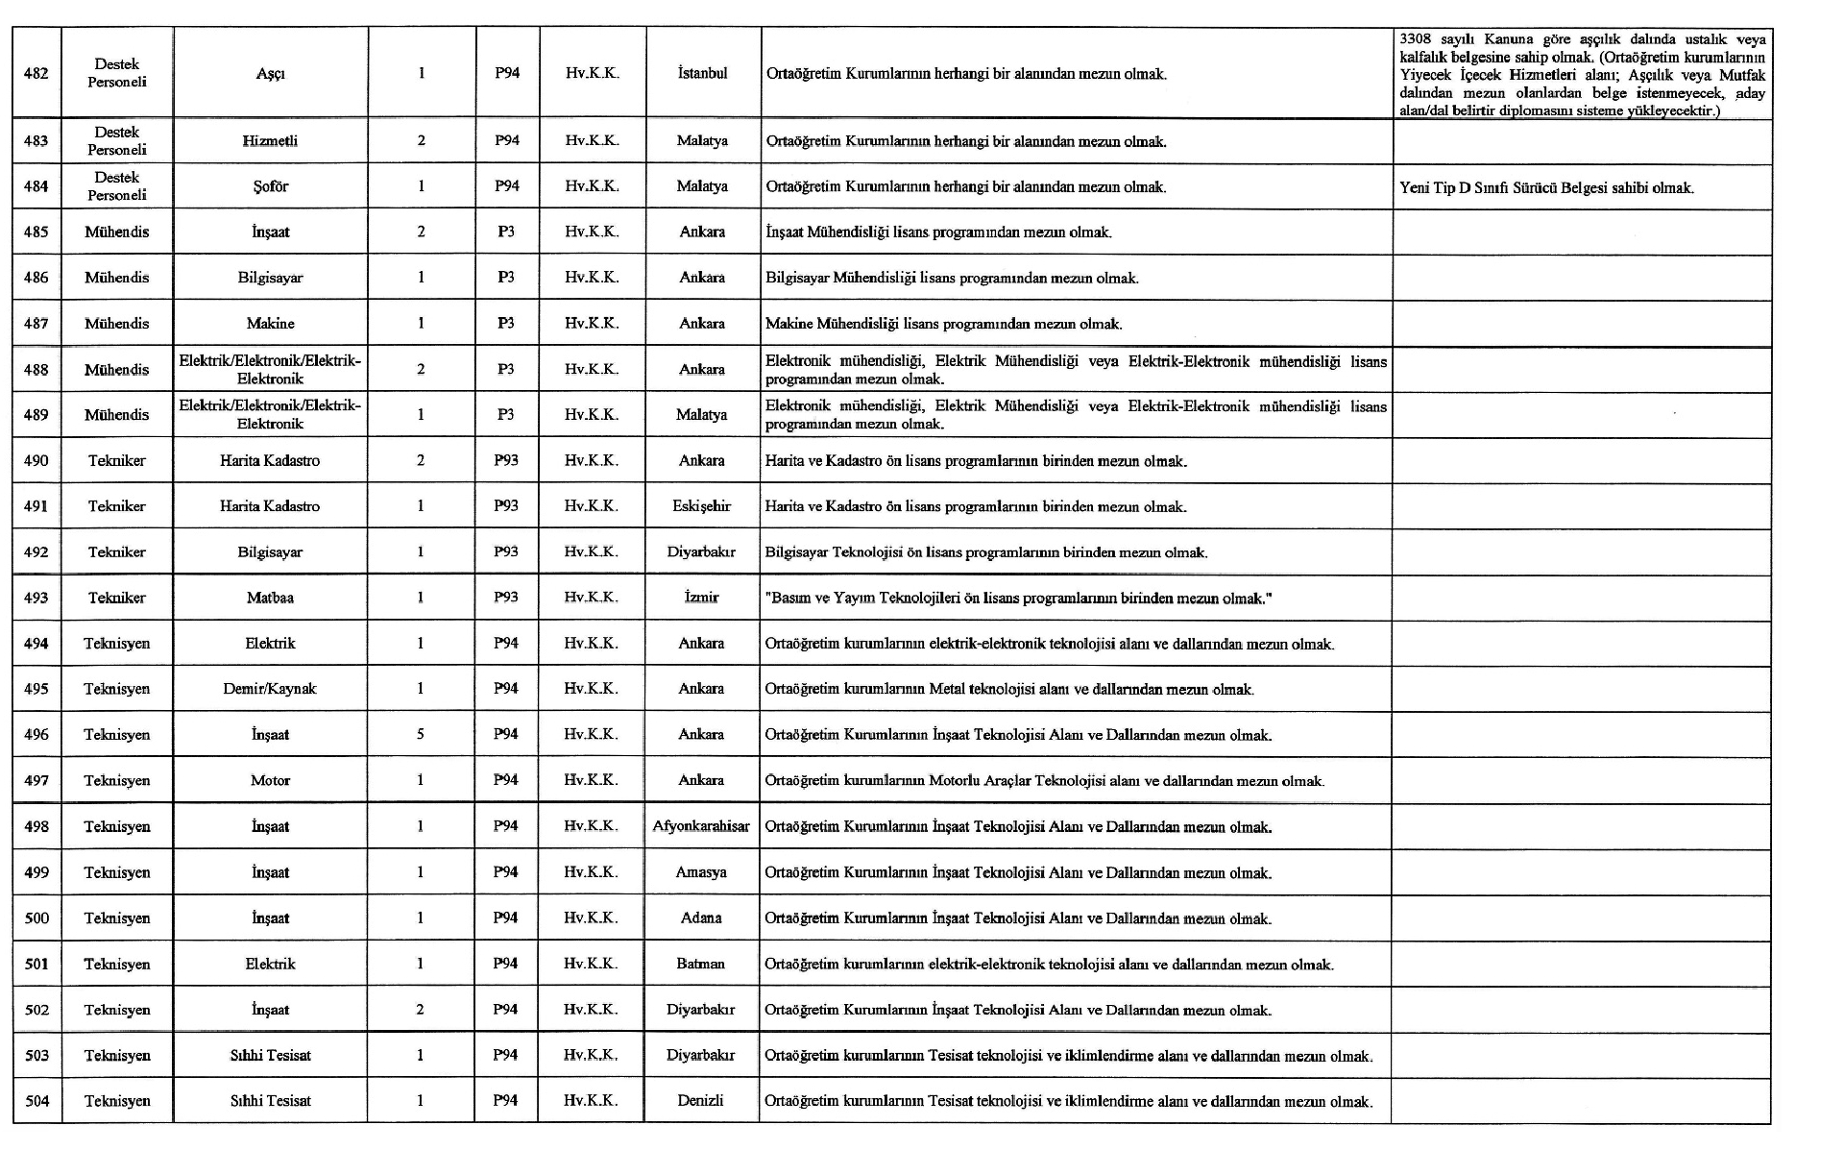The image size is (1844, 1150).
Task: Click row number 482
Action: [x=36, y=73]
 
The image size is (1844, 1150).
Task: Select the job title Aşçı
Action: [x=270, y=74]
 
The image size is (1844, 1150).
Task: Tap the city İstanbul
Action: [x=702, y=73]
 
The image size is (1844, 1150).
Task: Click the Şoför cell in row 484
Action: [x=270, y=186]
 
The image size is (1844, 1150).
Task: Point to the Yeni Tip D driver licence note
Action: [x=1546, y=188]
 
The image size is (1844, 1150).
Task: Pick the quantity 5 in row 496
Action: [x=421, y=734]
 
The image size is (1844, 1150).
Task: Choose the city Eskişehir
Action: [x=701, y=506]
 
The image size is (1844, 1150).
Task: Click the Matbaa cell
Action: [x=270, y=598]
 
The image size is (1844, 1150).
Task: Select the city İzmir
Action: [x=701, y=598]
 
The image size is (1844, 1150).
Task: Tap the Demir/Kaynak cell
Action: [x=270, y=689]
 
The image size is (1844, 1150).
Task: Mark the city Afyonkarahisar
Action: [x=701, y=826]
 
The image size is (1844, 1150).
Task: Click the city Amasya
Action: [x=701, y=872]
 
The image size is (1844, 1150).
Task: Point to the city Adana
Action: [x=701, y=918]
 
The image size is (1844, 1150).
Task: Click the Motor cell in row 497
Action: [x=270, y=780]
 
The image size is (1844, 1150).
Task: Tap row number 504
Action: [x=36, y=1101]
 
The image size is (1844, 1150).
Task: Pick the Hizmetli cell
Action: [x=270, y=141]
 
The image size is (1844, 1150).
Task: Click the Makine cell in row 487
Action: [x=270, y=324]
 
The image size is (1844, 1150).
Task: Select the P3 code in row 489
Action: [x=506, y=415]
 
